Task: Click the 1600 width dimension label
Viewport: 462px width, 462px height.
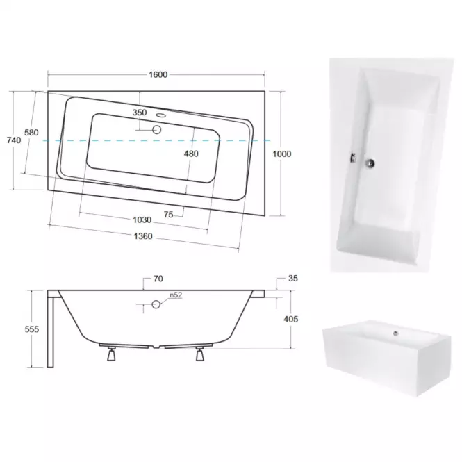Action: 158,74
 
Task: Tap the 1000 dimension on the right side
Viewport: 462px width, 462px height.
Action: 282,154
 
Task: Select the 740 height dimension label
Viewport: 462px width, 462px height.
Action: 14,140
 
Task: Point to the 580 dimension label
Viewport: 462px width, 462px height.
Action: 31,133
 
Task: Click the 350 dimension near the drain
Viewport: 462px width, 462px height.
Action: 140,113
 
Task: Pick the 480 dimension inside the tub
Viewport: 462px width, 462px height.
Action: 191,154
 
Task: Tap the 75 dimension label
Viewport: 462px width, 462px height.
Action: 169,215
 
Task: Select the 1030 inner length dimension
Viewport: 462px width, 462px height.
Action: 142,220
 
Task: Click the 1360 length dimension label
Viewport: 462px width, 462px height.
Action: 143,236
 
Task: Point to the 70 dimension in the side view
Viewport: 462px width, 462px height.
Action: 158,279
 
